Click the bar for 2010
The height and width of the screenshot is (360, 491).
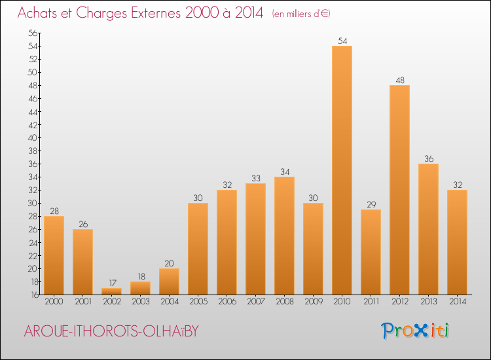(x=342, y=170)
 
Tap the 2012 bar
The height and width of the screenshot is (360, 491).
(x=399, y=190)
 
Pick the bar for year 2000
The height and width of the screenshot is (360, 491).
(x=54, y=255)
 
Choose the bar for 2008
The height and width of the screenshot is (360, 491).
(x=284, y=236)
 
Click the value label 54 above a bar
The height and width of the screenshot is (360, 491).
(x=342, y=41)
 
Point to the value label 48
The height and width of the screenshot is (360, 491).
(x=399, y=81)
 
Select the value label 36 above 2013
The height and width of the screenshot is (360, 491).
(x=428, y=159)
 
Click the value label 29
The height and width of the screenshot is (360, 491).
(x=371, y=205)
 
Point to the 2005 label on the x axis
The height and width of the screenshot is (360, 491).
(x=198, y=302)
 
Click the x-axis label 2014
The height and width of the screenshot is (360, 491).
(x=457, y=302)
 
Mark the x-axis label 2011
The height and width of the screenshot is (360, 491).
(x=371, y=302)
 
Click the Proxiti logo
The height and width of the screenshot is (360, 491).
(x=416, y=331)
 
